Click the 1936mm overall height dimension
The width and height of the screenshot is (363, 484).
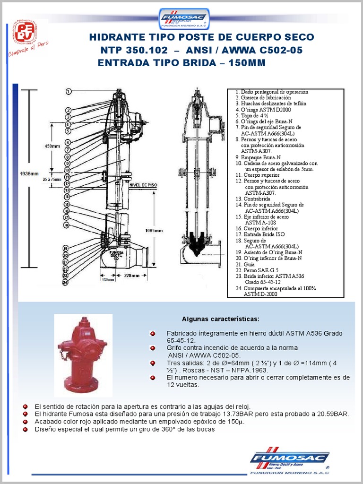tap(29, 173)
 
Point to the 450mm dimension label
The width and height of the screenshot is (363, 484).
tap(52, 147)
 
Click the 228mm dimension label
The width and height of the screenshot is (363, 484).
tap(132, 275)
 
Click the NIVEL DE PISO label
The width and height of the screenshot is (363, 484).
tap(143, 186)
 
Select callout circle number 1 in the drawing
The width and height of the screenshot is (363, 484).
tap(69, 91)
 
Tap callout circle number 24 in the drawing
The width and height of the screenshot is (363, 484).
tap(66, 283)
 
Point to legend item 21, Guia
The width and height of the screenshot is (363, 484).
tap(246, 264)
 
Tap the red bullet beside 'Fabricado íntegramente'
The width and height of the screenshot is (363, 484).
tap(153, 334)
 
